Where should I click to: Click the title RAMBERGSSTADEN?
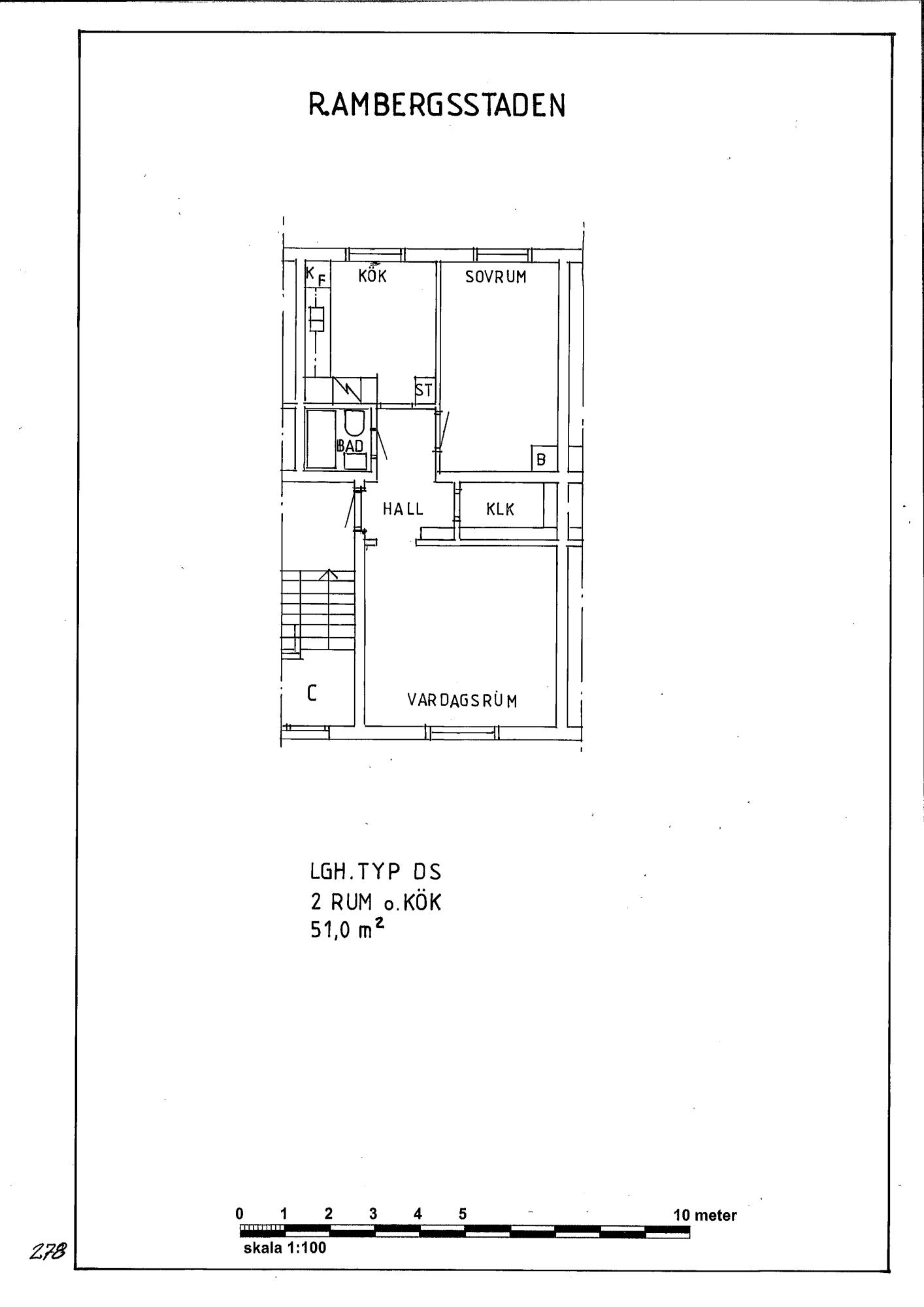[x=437, y=105]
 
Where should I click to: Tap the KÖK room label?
[x=372, y=275]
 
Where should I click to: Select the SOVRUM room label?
[x=496, y=276]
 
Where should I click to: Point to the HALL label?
[x=403, y=508]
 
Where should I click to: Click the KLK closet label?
[x=501, y=509]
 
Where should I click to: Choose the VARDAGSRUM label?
[x=463, y=700]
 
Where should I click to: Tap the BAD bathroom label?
[x=350, y=446]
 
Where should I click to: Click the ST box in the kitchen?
[x=423, y=390]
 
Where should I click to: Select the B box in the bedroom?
[x=541, y=459]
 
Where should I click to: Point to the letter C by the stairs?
[x=312, y=693]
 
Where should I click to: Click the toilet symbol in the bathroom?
[x=355, y=423]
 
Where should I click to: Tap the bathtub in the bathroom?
[x=321, y=438]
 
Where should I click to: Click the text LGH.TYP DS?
[x=375, y=872]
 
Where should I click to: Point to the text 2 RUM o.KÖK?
[x=376, y=902]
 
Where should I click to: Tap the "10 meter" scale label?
[x=705, y=1216]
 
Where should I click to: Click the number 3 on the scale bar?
[x=373, y=1214]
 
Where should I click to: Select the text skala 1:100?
[x=285, y=1248]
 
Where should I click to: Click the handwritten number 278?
[x=47, y=1251]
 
